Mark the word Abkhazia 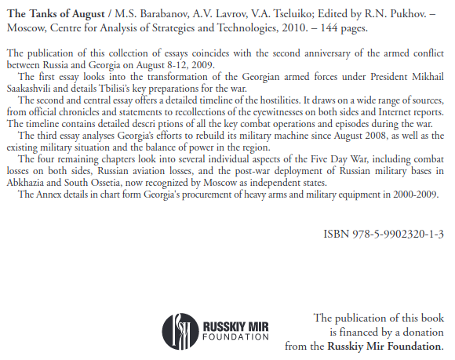[x=31, y=182]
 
